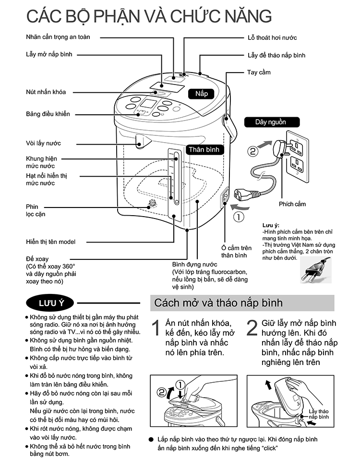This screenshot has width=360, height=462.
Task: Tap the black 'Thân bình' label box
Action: coord(204,150)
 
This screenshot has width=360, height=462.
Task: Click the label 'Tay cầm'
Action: coord(259,72)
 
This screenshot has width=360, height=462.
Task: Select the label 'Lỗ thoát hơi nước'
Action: coord(272,37)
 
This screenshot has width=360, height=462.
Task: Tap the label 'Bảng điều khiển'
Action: coord(48,114)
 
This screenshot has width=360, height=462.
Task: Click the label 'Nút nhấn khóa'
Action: coord(46,92)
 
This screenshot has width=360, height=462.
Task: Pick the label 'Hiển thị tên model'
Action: coord(50,242)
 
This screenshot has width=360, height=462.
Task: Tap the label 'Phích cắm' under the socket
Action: coord(292,204)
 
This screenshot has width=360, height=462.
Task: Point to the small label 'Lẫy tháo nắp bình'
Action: coord(318,414)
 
